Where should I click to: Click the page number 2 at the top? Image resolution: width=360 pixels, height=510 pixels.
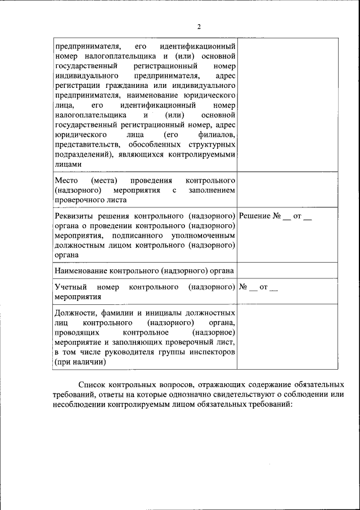199,26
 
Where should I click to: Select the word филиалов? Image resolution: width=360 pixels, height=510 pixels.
214,135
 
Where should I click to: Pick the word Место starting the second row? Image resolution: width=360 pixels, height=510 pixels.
66,180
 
